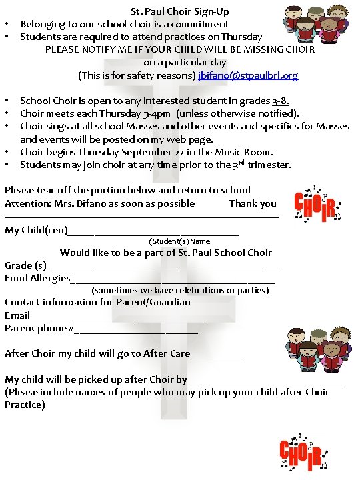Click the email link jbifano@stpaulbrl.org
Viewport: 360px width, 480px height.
coord(248,75)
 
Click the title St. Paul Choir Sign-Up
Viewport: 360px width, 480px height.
coord(180,11)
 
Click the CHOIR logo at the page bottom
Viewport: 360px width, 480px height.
coord(303,453)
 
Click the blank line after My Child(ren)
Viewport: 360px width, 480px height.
coord(153,232)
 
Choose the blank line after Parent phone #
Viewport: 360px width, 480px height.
coord(136,329)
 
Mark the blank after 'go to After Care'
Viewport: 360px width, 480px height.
coord(217,355)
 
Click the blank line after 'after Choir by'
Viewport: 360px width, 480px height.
coord(267,381)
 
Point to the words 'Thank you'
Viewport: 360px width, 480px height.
coord(253,203)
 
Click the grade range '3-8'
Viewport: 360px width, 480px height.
coord(280,101)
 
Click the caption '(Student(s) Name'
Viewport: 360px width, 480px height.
coord(180,241)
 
